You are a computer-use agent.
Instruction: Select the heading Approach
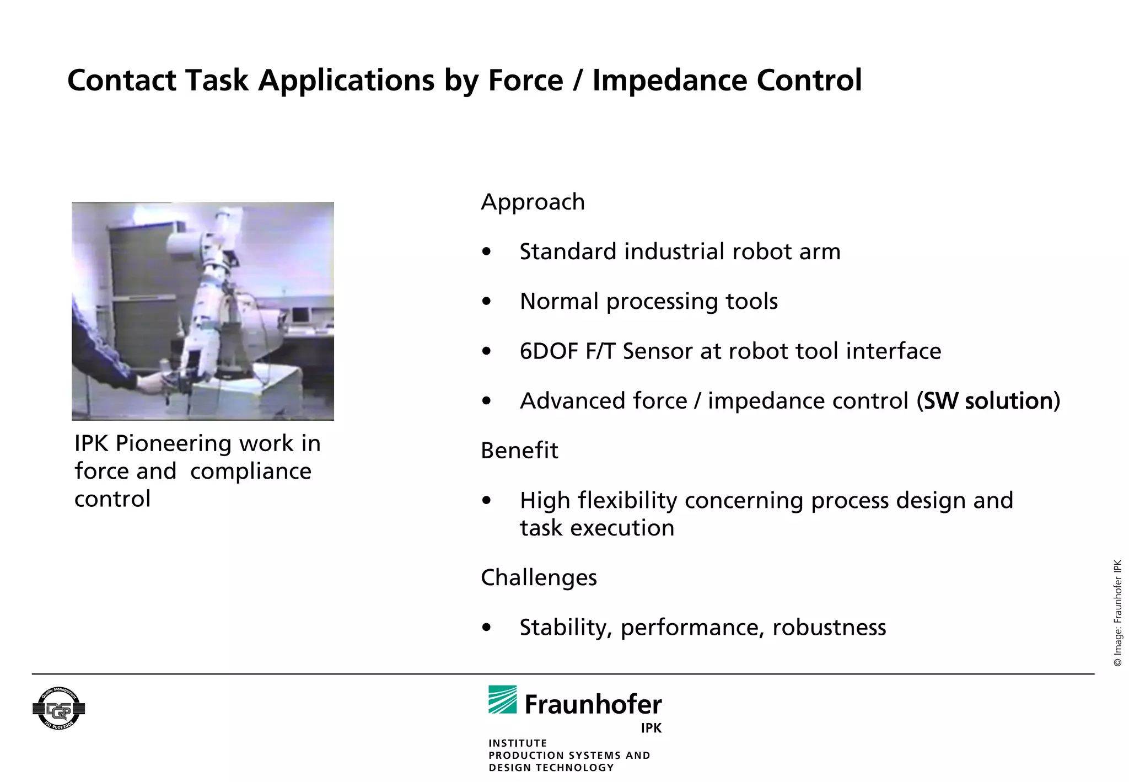pos(533,202)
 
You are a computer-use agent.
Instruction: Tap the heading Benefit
pos(519,451)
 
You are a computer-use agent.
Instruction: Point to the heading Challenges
pos(539,577)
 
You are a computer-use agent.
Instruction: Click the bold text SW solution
pos(988,401)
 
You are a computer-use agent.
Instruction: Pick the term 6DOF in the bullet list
pos(549,351)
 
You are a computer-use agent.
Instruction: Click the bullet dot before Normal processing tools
pos(486,302)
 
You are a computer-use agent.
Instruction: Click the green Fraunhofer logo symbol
pos(502,699)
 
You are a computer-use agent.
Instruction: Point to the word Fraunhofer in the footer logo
pos(593,704)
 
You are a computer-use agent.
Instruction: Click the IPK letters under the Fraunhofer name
pos(651,728)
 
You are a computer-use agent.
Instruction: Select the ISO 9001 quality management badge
pos(58,709)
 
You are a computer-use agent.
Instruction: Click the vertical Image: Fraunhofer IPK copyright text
pos(1118,612)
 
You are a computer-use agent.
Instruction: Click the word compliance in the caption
pos(251,471)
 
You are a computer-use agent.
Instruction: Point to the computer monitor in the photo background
pos(300,315)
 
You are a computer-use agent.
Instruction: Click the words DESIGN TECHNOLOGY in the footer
pos(551,768)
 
